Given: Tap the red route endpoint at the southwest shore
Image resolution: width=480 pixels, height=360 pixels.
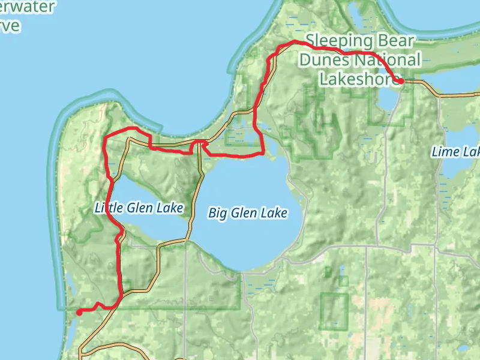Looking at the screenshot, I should tap(79, 311).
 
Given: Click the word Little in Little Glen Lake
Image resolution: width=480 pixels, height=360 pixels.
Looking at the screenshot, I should tap(107, 208).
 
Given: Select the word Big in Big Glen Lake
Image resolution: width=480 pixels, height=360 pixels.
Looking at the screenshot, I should tap(218, 213).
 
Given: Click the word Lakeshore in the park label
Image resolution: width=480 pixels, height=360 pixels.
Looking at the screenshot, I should tap(354, 79).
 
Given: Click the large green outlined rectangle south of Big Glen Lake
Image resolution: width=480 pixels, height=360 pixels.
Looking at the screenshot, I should tap(334, 311).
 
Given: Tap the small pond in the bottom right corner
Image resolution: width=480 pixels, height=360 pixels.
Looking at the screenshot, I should tap(463, 348).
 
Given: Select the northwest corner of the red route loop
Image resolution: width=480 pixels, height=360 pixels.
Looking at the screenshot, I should tap(106, 138).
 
